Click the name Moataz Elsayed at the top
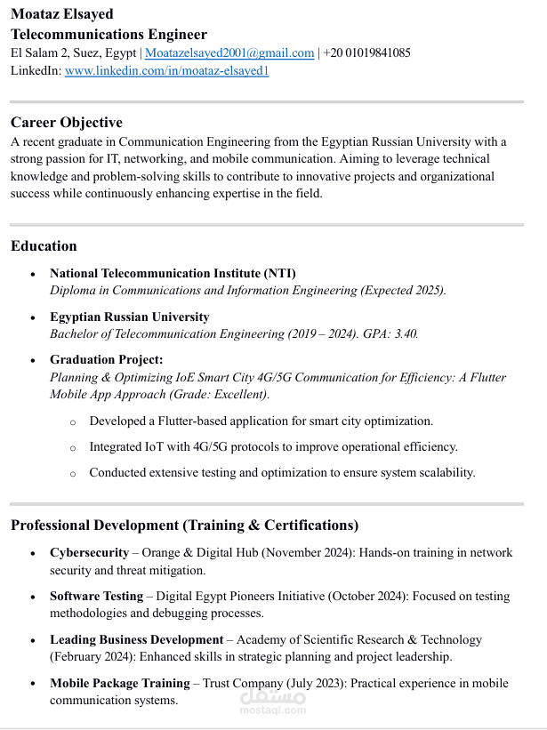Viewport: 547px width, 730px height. point(61,14)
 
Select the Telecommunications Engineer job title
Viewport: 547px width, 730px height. point(109,34)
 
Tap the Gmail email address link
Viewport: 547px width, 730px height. point(229,53)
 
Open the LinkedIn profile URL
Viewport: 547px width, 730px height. point(166,71)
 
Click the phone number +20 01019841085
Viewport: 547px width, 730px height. point(366,53)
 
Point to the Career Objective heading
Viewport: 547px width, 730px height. point(67,122)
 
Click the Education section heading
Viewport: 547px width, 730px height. point(44,245)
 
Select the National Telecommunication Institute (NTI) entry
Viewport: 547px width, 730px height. point(173,273)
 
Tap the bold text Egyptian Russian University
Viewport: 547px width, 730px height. point(130,317)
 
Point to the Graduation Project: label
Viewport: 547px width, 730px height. point(107,359)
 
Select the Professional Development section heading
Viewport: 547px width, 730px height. point(184,525)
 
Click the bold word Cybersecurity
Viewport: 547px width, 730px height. point(89,553)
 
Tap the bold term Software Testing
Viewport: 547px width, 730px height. point(96,596)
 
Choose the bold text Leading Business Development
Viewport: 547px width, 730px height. point(136,639)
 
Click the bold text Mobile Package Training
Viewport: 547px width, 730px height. point(119,683)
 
